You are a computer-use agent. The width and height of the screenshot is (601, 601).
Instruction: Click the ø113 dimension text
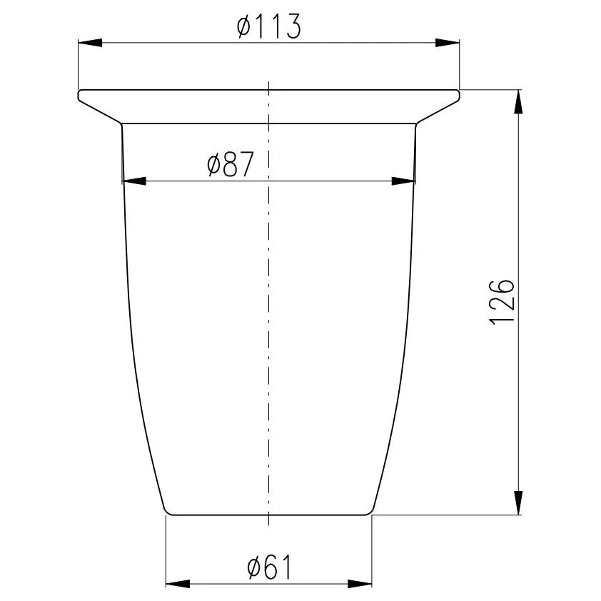(x=269, y=26)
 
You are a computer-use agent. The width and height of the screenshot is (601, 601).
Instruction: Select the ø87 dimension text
(x=231, y=164)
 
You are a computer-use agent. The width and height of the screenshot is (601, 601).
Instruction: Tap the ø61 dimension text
(x=269, y=567)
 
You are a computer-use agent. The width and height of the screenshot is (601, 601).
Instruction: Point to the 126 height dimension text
(x=501, y=303)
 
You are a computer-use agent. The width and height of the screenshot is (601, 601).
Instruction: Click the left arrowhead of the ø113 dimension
(x=90, y=43)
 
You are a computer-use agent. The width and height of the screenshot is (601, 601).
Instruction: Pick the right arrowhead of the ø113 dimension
(x=447, y=43)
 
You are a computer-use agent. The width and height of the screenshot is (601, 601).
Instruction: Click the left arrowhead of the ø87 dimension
(x=134, y=181)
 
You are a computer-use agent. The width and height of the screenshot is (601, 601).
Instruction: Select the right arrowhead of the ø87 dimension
(x=403, y=181)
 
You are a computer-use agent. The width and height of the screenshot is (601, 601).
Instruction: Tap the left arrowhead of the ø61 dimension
(x=178, y=584)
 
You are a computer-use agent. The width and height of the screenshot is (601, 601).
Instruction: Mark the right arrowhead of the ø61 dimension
(x=360, y=584)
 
